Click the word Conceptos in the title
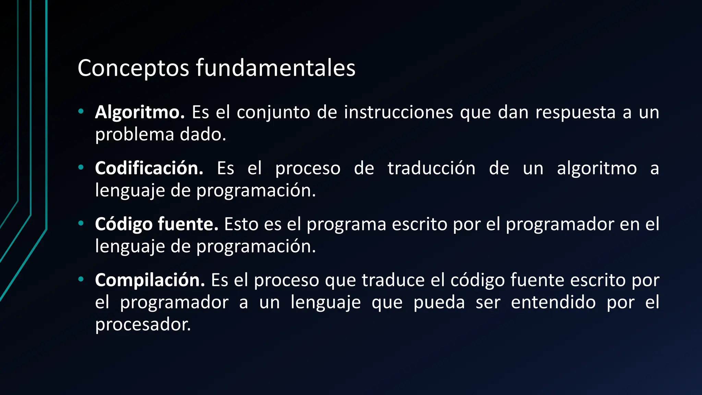(133, 68)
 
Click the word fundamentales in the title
(276, 68)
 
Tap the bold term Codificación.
(149, 168)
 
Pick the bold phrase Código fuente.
(157, 224)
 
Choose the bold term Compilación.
(150, 280)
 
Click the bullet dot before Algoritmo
(81, 111)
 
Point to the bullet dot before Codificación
(81, 167)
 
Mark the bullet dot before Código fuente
(81, 224)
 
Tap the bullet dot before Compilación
(81, 279)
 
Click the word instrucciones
(398, 112)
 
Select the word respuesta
(576, 112)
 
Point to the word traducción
(432, 168)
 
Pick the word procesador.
(143, 324)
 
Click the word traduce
(393, 280)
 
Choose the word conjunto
(273, 113)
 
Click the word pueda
(439, 302)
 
